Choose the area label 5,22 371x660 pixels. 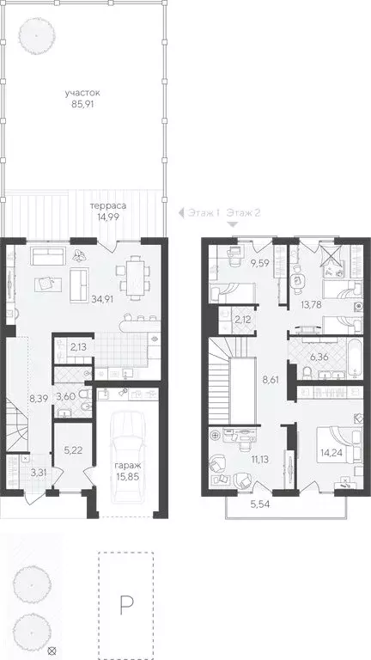[x=72, y=449]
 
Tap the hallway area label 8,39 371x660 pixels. [x=38, y=399]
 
